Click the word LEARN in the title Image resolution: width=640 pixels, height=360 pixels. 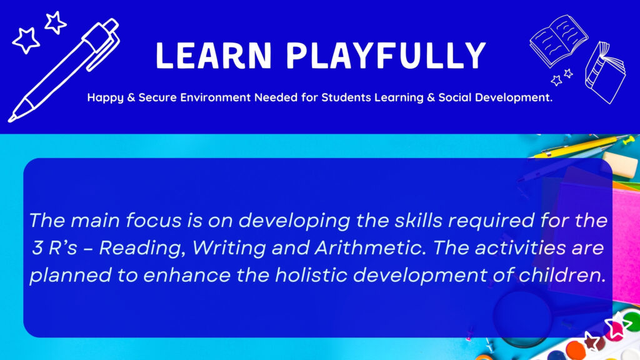(214, 55)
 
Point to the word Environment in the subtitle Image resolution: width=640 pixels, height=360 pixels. (216, 97)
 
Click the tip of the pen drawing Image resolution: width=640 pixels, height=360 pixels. (11, 119)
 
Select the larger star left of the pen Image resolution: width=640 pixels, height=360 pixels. (26, 41)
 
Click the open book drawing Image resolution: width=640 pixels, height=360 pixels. (558, 41)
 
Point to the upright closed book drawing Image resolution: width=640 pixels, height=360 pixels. (605, 72)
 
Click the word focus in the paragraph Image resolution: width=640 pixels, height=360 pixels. (154, 221)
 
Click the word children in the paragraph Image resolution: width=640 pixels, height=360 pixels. (562, 275)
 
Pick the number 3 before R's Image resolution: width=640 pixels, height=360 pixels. (37, 247)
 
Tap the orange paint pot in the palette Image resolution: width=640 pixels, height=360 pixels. (575, 350)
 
